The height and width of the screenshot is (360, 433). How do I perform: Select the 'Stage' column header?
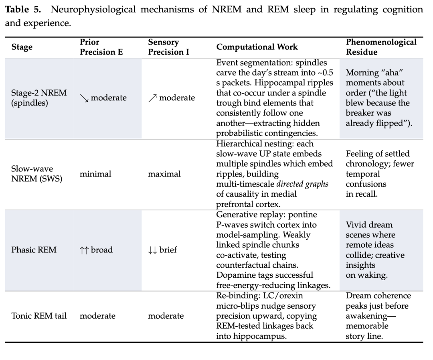point(22,47)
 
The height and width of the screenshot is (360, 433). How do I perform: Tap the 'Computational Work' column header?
point(257,47)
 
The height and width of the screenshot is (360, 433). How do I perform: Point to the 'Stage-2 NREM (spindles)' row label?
point(39,98)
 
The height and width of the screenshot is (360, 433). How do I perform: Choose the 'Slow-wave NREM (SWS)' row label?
point(37,174)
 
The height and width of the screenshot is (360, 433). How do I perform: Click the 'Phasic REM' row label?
point(34,250)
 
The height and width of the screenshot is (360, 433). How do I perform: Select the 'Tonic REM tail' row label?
point(39,316)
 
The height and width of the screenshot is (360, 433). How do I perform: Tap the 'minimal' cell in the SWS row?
point(95,174)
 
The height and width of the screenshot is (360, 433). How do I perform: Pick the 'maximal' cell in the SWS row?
point(164,174)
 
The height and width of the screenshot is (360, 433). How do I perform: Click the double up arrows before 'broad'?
point(84,250)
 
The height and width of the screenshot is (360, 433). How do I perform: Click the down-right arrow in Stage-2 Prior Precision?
point(84,98)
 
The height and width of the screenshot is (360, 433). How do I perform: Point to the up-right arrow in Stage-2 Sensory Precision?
point(152,98)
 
